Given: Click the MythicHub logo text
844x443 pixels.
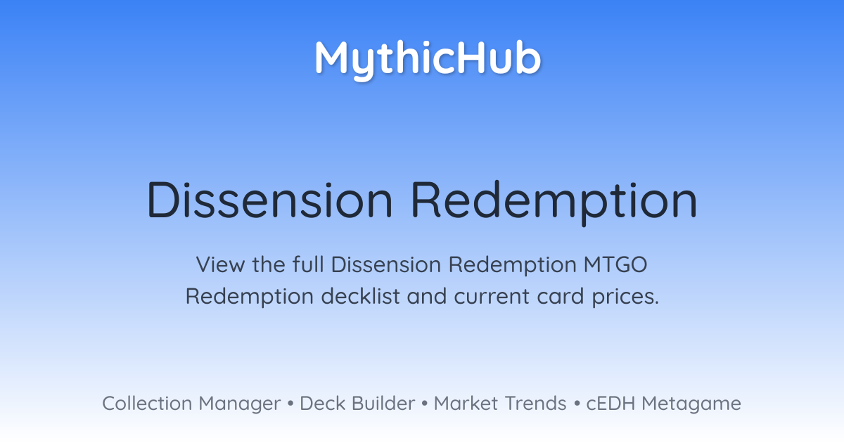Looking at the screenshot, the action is pos(428,60).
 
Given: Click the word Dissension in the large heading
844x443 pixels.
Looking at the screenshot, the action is pos(270,200).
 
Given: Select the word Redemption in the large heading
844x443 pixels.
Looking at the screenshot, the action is pos(554,203).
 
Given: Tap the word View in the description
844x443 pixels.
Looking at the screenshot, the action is pos(220,264).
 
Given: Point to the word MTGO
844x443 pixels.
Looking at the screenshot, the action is pos(615,264).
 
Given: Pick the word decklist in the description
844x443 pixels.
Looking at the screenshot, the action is pos(360,296).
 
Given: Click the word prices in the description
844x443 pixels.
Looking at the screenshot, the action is pos(625,297).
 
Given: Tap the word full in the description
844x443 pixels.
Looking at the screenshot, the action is pos(308,264).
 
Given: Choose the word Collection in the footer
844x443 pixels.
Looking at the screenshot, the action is pos(147,403).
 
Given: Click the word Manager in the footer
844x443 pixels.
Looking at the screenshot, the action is pos(240,405).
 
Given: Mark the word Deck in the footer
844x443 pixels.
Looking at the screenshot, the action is pos(322,403).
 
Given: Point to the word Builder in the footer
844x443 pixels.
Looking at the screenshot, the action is pos(383,403).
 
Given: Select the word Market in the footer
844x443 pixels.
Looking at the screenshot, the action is pos(466,403).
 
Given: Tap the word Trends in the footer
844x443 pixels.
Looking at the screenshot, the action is pos(535,403).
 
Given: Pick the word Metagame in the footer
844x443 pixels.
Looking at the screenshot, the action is pos(691,405).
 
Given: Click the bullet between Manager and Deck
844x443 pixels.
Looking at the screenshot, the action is pos(290,404).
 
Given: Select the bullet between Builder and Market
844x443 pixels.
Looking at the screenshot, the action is pos(425,404).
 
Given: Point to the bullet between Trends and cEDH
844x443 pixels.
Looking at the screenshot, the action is pos(577,404).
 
